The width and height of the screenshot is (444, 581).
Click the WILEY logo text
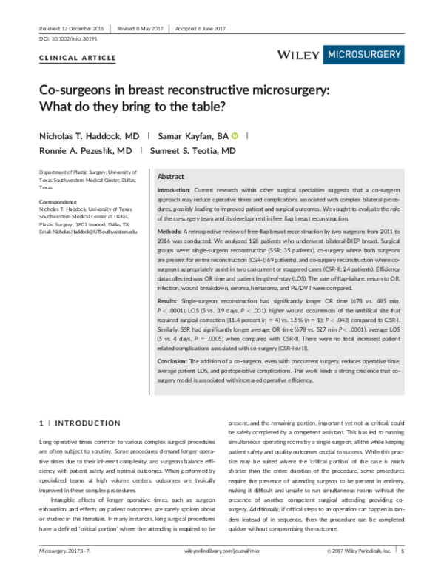(299, 54)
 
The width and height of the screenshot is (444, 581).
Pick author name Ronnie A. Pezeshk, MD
(85, 150)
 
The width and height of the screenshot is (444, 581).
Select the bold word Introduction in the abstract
(174, 191)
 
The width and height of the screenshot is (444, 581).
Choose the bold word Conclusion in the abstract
(172, 360)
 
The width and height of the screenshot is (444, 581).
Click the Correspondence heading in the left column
(60, 202)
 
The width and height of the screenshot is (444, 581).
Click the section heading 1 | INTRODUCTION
(79, 423)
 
